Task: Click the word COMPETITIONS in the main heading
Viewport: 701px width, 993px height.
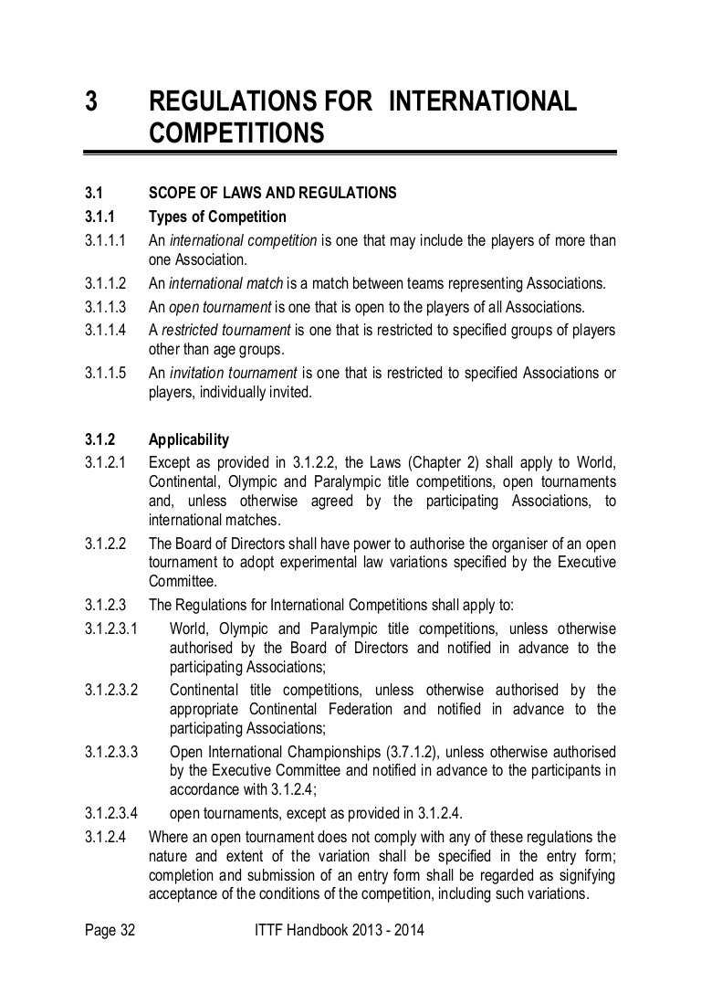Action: (235, 133)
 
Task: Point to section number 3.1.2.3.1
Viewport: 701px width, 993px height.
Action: (110, 630)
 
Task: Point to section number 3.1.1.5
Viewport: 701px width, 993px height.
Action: (104, 374)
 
